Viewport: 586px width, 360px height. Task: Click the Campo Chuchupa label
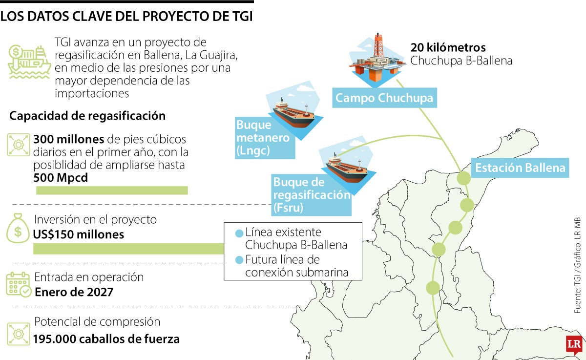click(x=384, y=98)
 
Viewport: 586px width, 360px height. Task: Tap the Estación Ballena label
click(x=520, y=168)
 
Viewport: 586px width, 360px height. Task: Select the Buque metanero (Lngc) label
click(x=263, y=138)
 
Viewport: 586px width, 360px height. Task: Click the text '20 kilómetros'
click(x=448, y=48)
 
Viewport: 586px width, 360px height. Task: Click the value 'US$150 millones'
click(x=78, y=234)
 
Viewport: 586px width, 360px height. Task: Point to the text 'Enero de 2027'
click(x=74, y=292)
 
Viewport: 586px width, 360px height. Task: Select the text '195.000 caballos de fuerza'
click(x=106, y=339)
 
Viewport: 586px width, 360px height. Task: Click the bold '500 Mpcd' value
click(x=61, y=178)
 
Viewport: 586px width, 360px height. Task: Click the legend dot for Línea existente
click(x=239, y=233)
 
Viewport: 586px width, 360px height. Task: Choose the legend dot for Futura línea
click(x=239, y=259)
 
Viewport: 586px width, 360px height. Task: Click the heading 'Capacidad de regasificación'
click(x=87, y=116)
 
